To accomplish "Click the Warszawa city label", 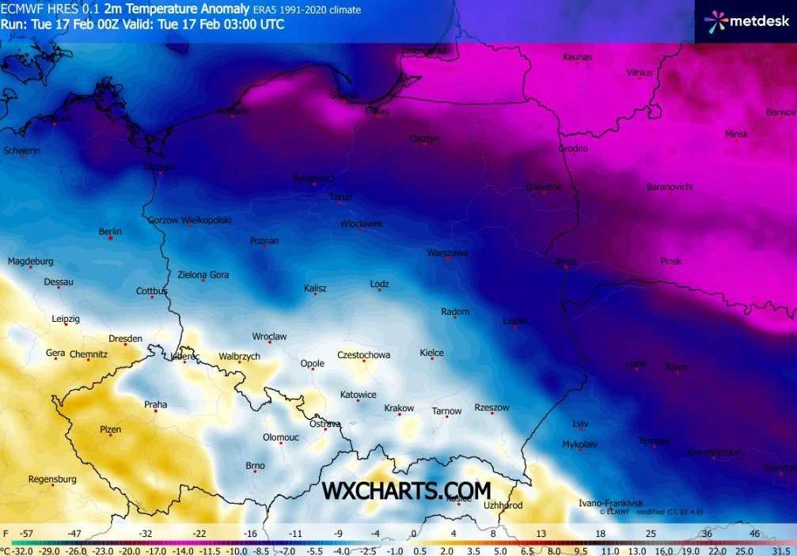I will coord(447,253).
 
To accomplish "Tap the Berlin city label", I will coord(110,232).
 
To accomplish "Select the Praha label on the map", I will coord(155,405).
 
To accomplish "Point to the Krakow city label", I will coord(399,409).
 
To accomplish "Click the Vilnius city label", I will coord(639,73).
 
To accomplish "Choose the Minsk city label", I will coord(736,134).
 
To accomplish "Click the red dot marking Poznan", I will coord(264,247).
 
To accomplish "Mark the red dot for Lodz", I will coord(380,290).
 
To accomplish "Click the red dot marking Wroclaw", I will coord(270,342).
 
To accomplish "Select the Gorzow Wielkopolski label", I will coord(189,220).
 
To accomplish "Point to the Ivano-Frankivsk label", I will coord(610,503).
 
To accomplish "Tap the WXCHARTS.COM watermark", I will coord(405,490).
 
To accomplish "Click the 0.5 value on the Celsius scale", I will coord(419,550).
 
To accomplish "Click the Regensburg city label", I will coord(52,479).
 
